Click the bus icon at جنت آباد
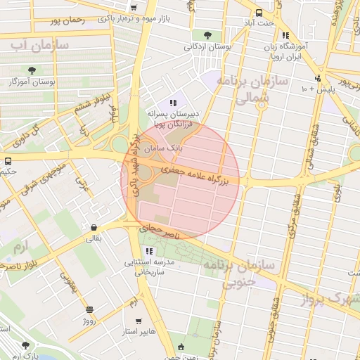tap(259, 13)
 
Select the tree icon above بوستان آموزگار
tap(32, 69)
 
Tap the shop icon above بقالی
tap(94, 227)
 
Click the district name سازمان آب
tap(39, 45)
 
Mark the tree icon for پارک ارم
tap(26, 345)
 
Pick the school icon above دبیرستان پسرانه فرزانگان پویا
tap(172, 103)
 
